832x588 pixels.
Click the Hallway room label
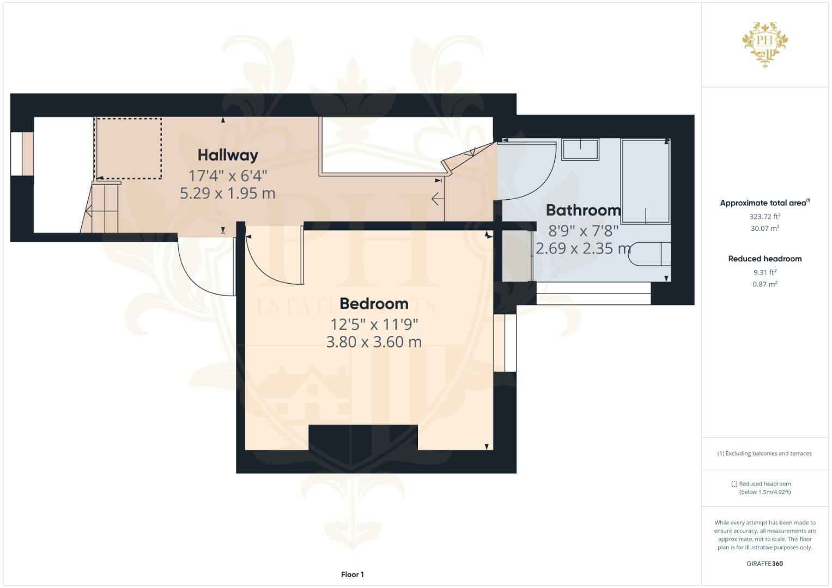228,155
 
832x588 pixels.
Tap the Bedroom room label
374,303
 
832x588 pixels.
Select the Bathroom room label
583,210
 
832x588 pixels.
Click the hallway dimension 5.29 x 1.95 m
228,193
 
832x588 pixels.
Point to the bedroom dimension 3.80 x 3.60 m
374,342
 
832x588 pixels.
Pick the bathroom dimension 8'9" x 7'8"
583,230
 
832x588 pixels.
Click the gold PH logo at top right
765,44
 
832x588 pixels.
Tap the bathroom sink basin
580,149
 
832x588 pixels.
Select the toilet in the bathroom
649,254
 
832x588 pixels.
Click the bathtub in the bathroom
646,181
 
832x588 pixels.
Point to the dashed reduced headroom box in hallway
129,148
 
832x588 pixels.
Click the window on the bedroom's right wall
505,343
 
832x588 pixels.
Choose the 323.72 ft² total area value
764,216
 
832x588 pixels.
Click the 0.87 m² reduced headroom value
764,284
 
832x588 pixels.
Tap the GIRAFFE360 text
764,563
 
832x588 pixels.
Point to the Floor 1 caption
352,574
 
